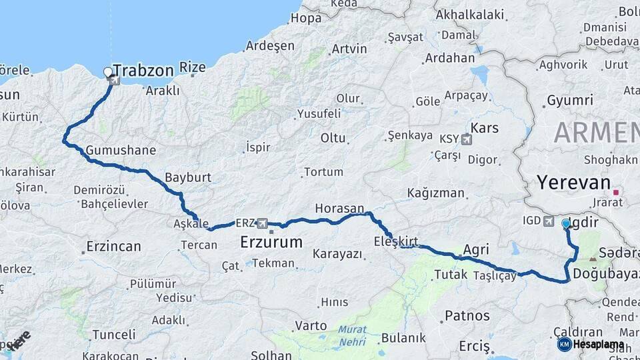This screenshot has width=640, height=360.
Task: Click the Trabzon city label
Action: [143, 70]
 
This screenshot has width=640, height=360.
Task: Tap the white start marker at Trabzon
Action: [108, 71]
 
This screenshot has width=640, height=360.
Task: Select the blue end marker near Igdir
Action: [566, 223]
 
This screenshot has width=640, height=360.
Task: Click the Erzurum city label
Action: [271, 241]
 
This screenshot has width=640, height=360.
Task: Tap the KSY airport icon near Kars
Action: [465, 139]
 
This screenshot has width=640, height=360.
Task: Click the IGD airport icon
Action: [549, 221]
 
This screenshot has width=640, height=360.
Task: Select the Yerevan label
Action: [573, 183]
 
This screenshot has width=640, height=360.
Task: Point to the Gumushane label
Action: [120, 150]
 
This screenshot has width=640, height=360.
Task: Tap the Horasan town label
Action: [339, 208]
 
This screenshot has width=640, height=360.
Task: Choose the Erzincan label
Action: [113, 247]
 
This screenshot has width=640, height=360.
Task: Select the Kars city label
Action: [485, 127]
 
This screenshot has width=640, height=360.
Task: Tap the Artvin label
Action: [349, 49]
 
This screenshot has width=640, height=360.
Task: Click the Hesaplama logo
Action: [591, 344]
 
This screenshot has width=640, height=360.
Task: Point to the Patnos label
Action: [467, 315]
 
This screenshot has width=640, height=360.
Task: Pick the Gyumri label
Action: [569, 101]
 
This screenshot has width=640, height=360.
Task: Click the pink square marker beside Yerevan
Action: [617, 193]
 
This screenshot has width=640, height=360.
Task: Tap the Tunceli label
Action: [113, 334]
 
